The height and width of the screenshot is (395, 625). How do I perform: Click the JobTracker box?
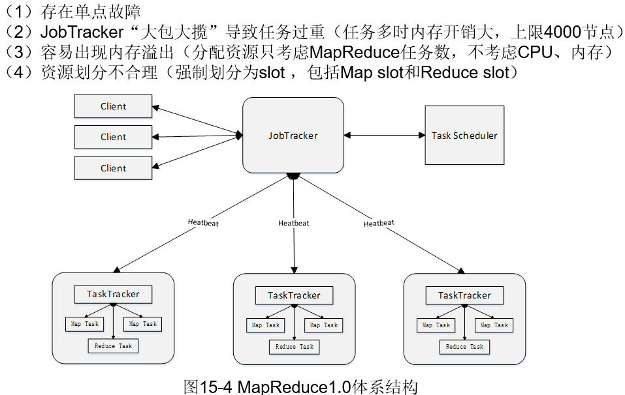coord(293,135)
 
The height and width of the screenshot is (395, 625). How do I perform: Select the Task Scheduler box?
coord(464,136)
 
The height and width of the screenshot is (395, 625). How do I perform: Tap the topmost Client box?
coord(113,106)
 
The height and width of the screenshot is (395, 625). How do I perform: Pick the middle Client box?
coord(113,137)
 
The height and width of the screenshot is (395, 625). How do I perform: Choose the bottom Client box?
coord(113,168)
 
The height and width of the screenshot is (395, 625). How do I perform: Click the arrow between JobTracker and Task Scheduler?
coord(385,135)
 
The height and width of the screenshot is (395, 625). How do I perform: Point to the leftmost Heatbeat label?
coord(203,222)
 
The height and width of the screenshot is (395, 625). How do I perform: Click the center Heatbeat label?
coord(293,223)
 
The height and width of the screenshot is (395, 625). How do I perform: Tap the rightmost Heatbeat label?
coord(379,223)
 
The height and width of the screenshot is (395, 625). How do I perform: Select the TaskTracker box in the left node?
coord(113,294)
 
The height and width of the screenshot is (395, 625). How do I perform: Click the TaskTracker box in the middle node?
coord(294,295)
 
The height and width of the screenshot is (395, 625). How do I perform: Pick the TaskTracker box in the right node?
coord(464,295)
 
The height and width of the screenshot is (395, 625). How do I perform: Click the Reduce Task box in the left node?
coord(113,346)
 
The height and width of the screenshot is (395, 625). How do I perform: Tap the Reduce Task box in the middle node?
coord(294,347)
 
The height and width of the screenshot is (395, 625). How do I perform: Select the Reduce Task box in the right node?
coord(464,347)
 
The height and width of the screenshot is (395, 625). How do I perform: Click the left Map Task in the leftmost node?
coord(83,324)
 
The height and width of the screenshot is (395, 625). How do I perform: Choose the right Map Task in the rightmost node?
coord(494,325)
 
